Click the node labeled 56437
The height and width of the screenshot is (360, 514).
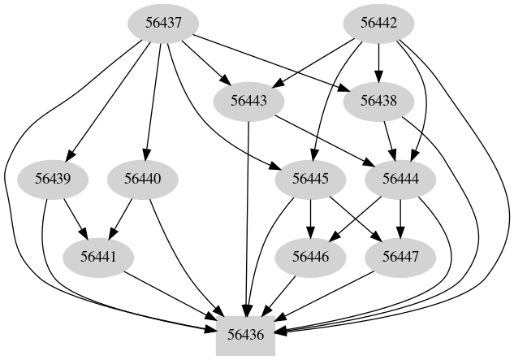click(x=163, y=24)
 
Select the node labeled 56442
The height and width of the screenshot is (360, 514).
click(x=377, y=24)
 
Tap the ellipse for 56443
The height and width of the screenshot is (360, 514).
click(x=247, y=102)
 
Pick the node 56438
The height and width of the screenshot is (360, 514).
click(x=377, y=102)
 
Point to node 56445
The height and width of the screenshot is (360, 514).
click(x=309, y=178)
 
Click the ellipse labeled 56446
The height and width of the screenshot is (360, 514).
click(x=309, y=256)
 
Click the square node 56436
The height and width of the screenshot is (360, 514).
click(x=246, y=332)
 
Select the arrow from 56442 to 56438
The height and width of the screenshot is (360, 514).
click(x=377, y=62)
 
